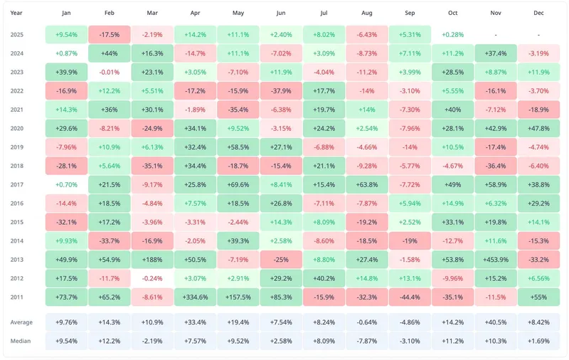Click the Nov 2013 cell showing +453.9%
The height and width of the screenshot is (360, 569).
point(496,259)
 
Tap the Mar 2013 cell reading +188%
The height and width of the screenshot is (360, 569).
point(152,259)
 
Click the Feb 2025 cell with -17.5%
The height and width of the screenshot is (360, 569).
point(110,34)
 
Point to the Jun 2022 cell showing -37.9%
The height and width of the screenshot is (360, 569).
point(281,90)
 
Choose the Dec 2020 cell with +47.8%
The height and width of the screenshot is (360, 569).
point(538,128)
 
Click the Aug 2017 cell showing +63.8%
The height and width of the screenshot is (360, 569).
point(367,184)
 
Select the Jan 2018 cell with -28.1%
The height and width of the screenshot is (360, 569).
point(66,165)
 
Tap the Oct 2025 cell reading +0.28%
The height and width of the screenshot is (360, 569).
point(452,34)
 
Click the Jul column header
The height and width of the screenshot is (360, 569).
point(324,13)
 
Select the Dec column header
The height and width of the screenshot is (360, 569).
point(538,13)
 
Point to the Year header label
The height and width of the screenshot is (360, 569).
point(17,13)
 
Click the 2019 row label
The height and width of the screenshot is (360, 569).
point(17,147)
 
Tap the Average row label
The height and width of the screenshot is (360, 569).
point(21,322)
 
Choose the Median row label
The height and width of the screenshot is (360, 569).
point(21,341)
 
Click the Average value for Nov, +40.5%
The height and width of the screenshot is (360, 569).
point(496,322)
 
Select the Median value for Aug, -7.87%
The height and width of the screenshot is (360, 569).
point(367,341)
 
